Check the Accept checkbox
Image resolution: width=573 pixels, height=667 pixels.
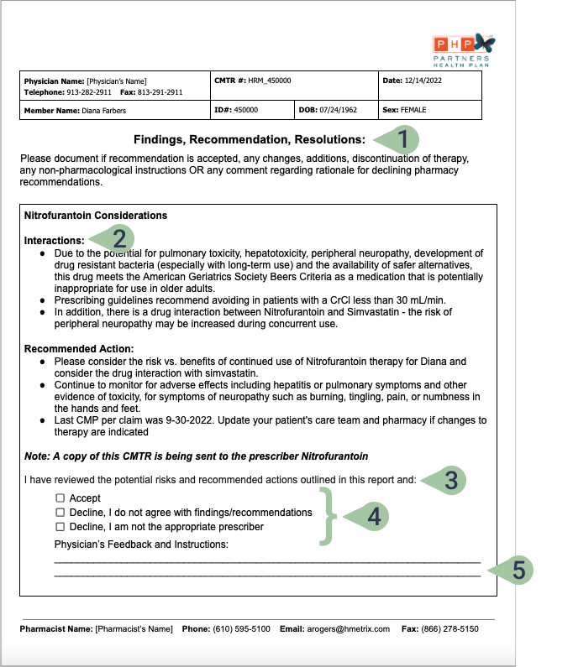[60, 498]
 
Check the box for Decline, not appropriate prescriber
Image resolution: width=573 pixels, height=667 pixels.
[60, 527]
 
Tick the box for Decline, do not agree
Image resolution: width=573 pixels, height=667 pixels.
[60, 513]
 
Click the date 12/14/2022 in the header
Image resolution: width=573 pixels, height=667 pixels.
[423, 81]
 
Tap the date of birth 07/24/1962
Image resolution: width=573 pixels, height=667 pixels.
[339, 110]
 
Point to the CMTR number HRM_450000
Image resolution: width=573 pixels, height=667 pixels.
[271, 81]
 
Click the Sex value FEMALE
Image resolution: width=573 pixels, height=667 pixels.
[414, 110]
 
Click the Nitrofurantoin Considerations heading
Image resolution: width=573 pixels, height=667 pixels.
[96, 216]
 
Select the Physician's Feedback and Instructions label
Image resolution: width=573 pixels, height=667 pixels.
[141, 545]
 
